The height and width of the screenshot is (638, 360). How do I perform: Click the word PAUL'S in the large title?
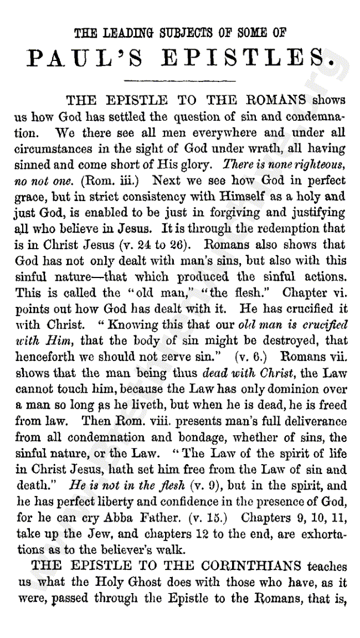(x=84, y=58)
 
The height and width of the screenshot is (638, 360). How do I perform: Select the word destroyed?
(x=289, y=341)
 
